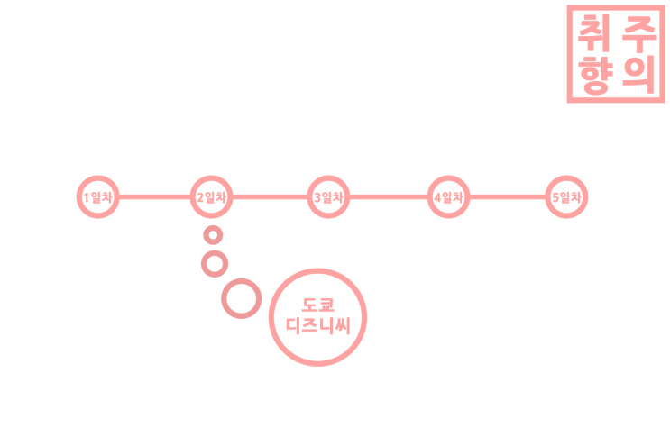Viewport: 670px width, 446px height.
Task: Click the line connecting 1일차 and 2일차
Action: (x=155, y=196)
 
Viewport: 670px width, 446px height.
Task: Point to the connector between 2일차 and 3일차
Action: (x=270, y=196)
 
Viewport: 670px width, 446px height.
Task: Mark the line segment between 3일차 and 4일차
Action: (x=389, y=196)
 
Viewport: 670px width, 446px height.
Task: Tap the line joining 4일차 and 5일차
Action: (x=508, y=196)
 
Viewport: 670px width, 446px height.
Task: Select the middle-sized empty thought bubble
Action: (x=215, y=252)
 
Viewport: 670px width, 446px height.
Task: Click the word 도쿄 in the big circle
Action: (x=318, y=305)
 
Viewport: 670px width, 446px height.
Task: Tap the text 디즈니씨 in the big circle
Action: (x=318, y=326)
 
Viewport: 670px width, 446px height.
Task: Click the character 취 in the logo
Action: (x=593, y=33)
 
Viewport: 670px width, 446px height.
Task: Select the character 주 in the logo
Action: (x=639, y=33)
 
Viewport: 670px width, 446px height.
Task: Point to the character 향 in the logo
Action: (x=595, y=74)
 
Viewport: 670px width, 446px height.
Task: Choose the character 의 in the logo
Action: (x=639, y=74)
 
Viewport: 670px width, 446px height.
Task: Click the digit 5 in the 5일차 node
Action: (x=555, y=197)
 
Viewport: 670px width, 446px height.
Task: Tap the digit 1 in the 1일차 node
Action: (x=87, y=197)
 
